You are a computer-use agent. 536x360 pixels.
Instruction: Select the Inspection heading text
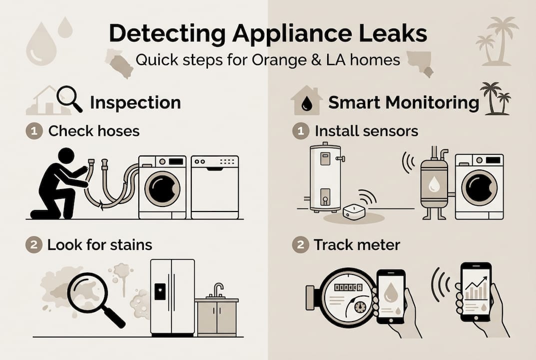(135, 102)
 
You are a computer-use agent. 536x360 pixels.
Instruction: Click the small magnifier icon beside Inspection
(69, 97)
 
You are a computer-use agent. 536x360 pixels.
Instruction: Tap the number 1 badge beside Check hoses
(33, 131)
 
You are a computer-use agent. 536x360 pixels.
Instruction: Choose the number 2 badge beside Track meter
(300, 245)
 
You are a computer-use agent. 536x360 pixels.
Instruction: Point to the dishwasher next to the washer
(215, 187)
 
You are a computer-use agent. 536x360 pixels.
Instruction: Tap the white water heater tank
(325, 179)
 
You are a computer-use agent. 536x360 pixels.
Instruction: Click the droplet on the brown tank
(434, 185)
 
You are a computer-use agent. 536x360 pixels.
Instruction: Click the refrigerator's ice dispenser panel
(160, 291)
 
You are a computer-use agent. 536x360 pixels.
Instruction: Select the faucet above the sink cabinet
(218, 289)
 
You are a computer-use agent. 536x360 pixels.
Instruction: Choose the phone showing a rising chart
(475, 292)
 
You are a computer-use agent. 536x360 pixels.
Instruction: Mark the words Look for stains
(99, 245)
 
